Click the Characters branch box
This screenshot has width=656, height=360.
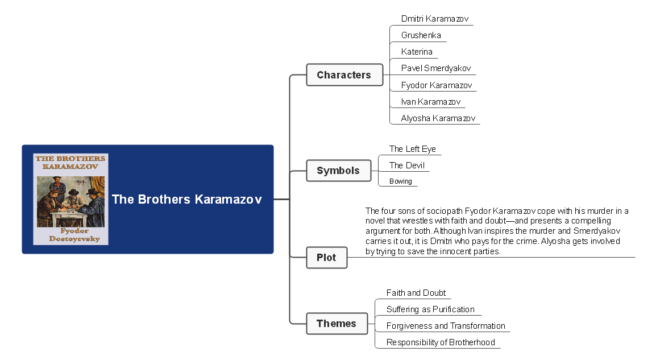344,75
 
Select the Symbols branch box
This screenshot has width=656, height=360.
338,171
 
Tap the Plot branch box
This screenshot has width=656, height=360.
326,258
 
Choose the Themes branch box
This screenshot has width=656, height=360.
337,324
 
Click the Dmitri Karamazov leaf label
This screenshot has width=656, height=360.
434,19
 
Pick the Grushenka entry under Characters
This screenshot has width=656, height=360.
421,35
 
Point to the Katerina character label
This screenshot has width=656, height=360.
417,52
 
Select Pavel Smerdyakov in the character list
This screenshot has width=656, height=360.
435,68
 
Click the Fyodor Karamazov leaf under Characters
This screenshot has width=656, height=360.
437,85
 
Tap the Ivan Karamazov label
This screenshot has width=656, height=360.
430,102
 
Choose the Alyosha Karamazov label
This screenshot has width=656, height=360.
438,118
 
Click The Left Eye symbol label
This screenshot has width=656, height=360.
412,149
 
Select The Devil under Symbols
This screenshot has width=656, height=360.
406,165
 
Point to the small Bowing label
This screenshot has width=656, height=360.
400,181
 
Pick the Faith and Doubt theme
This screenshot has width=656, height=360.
416,293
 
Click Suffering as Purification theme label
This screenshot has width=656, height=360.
430,309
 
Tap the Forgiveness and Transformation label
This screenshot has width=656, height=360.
446,326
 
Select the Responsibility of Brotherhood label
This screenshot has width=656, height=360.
441,342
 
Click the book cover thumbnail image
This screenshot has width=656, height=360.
70,199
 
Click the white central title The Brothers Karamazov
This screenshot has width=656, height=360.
186,200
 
